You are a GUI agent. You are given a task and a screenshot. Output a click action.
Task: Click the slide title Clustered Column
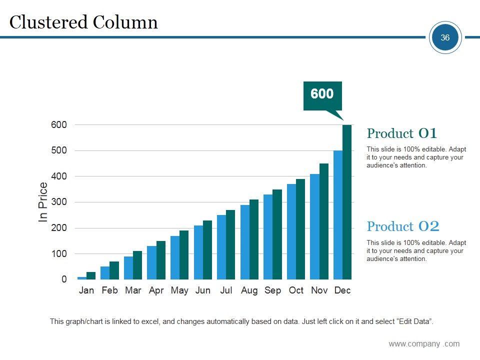(83, 22)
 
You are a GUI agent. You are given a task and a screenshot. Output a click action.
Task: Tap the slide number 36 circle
(445, 37)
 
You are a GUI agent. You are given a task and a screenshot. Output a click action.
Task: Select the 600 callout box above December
(322, 94)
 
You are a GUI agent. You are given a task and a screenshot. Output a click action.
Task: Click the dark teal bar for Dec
(347, 202)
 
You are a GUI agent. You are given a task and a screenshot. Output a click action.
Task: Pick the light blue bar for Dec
(338, 214)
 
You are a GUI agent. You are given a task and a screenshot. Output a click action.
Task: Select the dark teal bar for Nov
(324, 221)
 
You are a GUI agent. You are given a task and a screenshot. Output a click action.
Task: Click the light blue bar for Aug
(245, 242)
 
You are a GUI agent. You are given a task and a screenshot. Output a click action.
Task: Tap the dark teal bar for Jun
(207, 249)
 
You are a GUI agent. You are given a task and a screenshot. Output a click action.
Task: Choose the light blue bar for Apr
(151, 262)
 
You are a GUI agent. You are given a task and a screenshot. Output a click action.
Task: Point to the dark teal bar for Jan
(91, 275)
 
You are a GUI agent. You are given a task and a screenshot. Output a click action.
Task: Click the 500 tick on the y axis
(58, 150)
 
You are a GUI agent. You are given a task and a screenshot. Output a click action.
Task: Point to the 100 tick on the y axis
(58, 254)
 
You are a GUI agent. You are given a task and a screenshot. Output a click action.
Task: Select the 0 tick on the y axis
(64, 280)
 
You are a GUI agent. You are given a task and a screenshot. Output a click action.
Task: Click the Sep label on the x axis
(272, 290)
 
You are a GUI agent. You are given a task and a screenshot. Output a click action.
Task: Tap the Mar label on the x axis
(133, 290)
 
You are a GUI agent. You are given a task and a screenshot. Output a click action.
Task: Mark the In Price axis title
(43, 202)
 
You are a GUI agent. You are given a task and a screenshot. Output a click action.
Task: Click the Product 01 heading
(402, 133)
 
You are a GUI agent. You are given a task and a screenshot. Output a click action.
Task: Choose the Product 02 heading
(403, 226)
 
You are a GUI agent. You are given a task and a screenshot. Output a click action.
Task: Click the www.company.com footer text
(424, 343)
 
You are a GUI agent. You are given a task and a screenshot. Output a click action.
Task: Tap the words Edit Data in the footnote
(415, 321)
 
